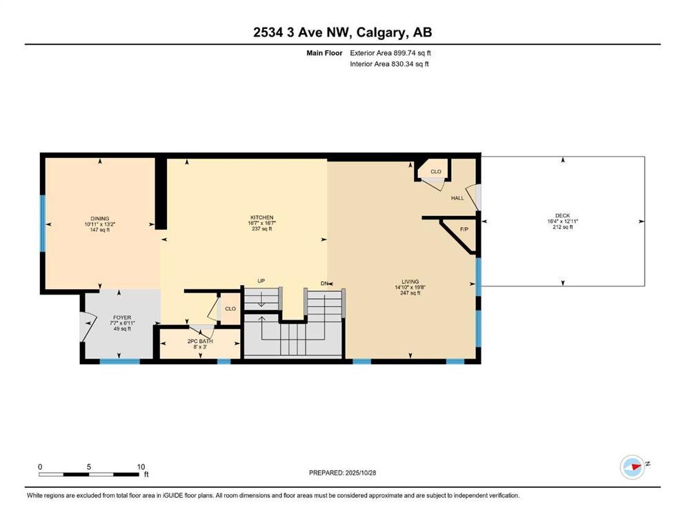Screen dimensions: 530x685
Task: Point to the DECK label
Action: click(x=562, y=216)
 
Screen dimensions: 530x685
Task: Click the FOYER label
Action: click(x=122, y=317)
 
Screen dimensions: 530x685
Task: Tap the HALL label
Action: click(x=457, y=198)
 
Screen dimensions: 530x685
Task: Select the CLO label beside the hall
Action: click(x=435, y=171)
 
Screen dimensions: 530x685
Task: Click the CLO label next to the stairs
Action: click(x=230, y=308)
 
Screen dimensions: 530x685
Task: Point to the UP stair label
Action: click(x=261, y=281)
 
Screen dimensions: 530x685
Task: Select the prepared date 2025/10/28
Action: click(x=342, y=473)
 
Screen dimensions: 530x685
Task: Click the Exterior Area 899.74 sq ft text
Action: click(x=391, y=52)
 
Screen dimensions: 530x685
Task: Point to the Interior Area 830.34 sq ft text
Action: click(x=390, y=64)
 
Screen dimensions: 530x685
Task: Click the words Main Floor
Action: click(x=325, y=52)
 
